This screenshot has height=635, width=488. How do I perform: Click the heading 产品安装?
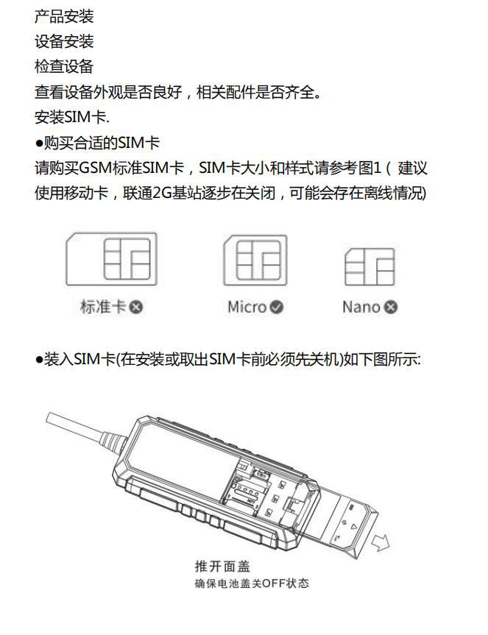pyautogui.click(x=64, y=17)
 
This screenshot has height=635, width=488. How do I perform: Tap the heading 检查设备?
pyautogui.click(x=64, y=67)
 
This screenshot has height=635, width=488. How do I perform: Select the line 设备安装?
pyautogui.click(x=64, y=42)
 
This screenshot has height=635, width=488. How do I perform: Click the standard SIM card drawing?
pyautogui.click(x=111, y=259)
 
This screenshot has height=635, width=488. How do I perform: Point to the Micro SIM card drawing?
pyautogui.click(x=255, y=260)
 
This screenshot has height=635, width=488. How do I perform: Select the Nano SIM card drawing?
pyautogui.click(x=369, y=266)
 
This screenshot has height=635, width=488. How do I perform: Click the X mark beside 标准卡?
pyautogui.click(x=136, y=307)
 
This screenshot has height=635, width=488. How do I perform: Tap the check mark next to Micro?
pyautogui.click(x=276, y=307)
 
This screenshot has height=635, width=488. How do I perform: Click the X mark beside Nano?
pyautogui.click(x=391, y=307)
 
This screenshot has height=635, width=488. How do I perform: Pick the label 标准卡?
pyautogui.click(x=103, y=307)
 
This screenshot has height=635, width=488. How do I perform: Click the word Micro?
pyautogui.click(x=247, y=307)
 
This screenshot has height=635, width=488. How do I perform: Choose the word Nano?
pyautogui.click(x=361, y=307)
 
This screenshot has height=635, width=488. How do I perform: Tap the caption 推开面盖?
pyautogui.click(x=223, y=566)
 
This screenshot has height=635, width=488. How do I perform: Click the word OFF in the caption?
pyautogui.click(x=274, y=583)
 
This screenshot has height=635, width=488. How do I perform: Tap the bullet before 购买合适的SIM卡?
pyautogui.click(x=39, y=143)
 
